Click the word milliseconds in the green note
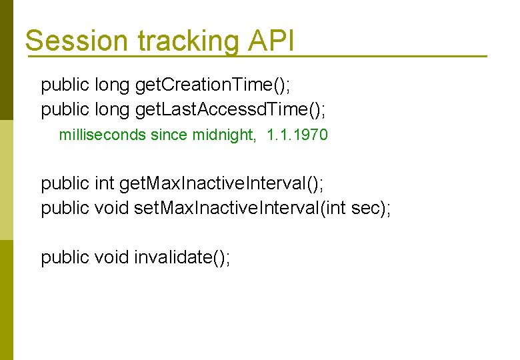click(x=102, y=135)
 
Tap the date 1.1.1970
click(x=297, y=135)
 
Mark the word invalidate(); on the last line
click(x=182, y=257)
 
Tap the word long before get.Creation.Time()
click(x=113, y=85)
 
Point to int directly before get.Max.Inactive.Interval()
click(x=104, y=183)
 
